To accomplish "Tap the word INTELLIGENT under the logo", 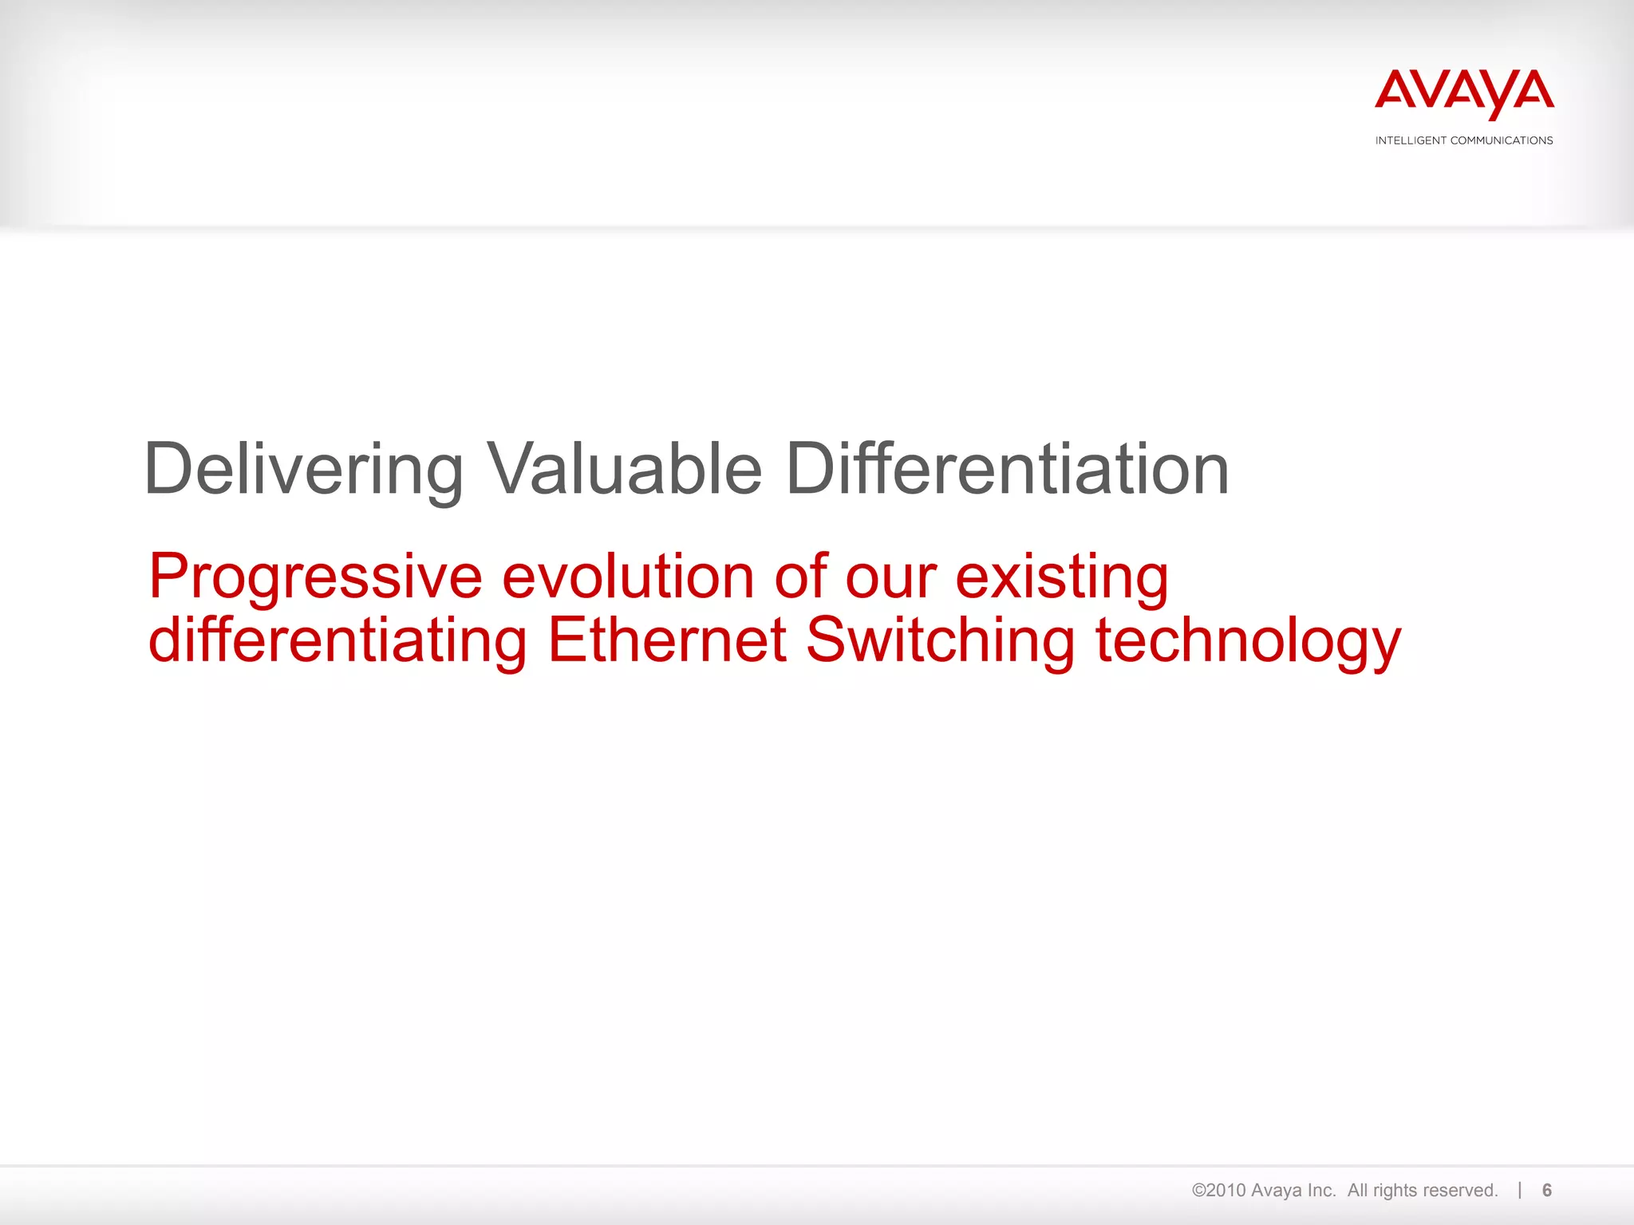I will (x=1411, y=140).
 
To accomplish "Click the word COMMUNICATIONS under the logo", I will (x=1501, y=140).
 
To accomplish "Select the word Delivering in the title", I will (x=304, y=470).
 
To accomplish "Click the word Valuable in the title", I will (x=625, y=470).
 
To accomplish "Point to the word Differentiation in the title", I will (x=1007, y=470).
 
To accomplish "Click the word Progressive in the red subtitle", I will (x=316, y=577).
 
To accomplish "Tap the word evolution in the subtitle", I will (x=628, y=576).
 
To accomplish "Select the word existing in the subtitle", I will (x=1062, y=577).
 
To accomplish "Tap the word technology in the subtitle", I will (x=1248, y=642).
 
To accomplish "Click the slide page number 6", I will (x=1547, y=1191).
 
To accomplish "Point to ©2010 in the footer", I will (x=1219, y=1191).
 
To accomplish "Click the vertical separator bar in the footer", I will (x=1520, y=1190).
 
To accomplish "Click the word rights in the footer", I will (x=1395, y=1191).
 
